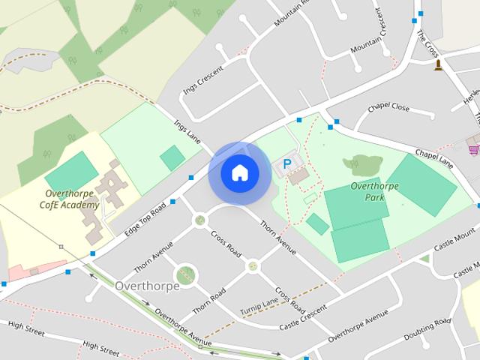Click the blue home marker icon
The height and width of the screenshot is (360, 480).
pyautogui.click(x=239, y=172)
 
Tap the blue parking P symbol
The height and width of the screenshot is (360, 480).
pyautogui.click(x=286, y=164)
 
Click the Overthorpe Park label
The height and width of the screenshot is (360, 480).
pyautogui.click(x=368, y=190)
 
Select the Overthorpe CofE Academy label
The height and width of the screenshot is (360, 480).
pyautogui.click(x=68, y=199)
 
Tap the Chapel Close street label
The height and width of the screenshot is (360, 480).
pyautogui.click(x=388, y=108)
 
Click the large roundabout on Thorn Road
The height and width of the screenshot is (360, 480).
pyautogui.click(x=186, y=274)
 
